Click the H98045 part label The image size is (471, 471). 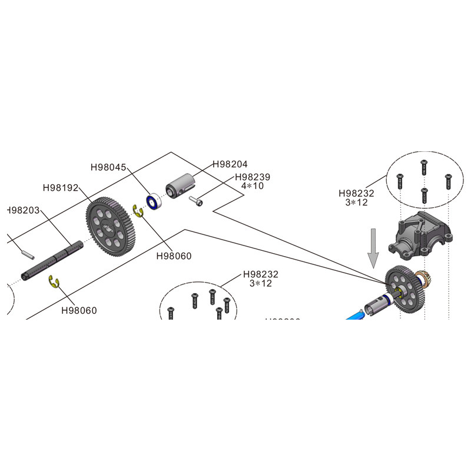click(x=108, y=167)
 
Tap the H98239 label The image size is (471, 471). click(x=252, y=177)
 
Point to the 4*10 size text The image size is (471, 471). click(x=252, y=186)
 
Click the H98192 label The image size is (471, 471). click(x=61, y=188)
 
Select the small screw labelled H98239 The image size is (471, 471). click(x=197, y=201)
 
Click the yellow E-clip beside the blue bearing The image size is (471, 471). click(x=139, y=211)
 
